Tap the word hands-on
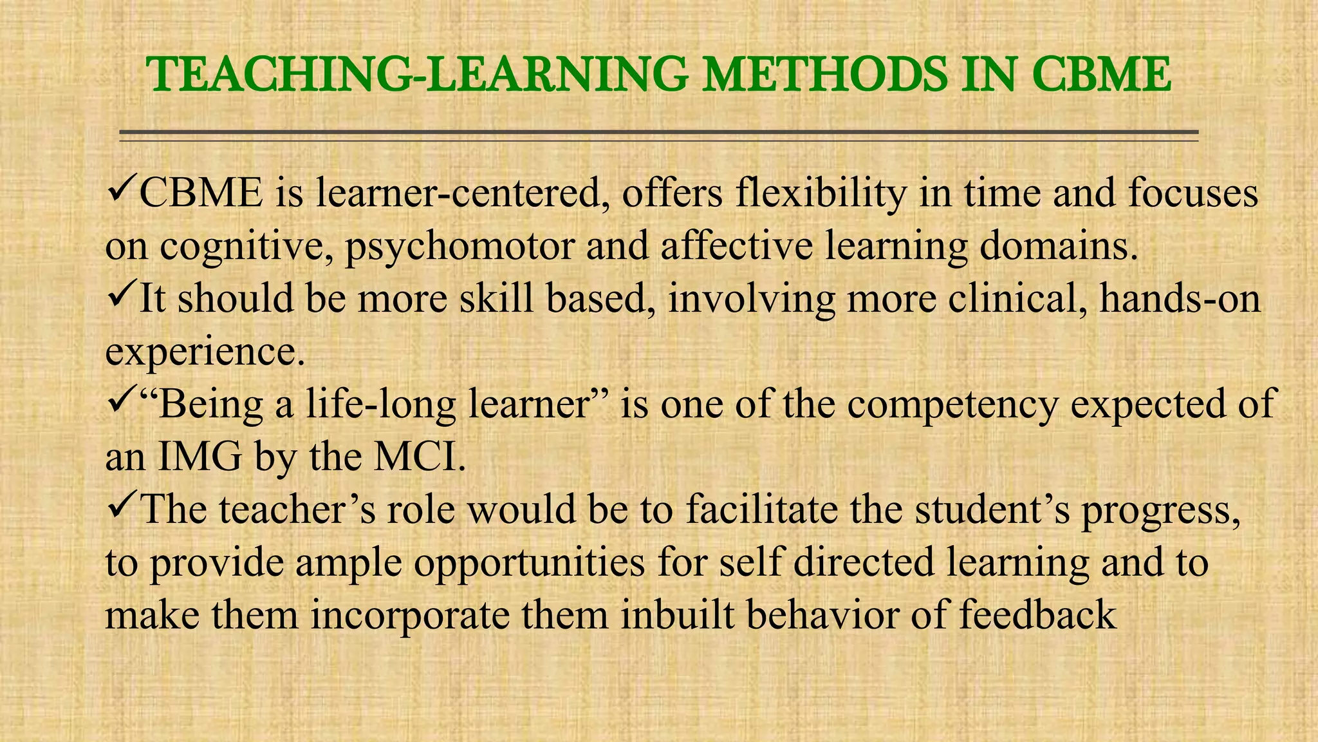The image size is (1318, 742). coord(1180,300)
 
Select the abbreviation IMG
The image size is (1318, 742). coord(200,458)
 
